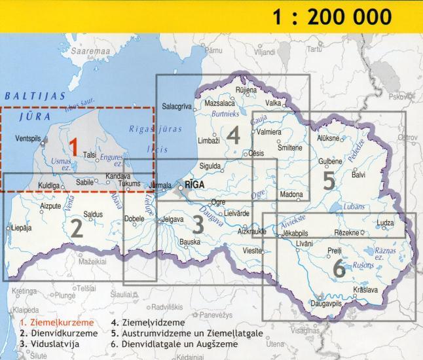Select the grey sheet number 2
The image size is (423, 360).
tap(77, 228)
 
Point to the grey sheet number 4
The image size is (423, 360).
tap(233, 135)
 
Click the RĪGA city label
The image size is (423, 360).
tap(196, 185)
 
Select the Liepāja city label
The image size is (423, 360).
tap(20, 228)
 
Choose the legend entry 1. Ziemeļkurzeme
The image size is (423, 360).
tap(56, 322)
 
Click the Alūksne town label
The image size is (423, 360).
tap(327, 139)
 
